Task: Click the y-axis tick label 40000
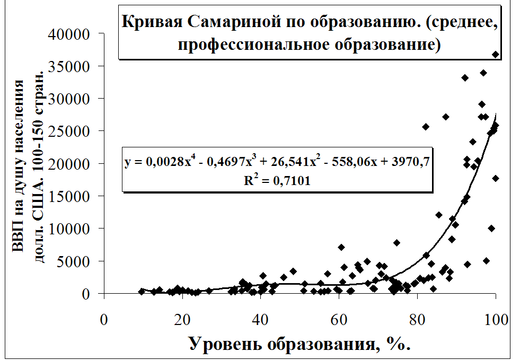point(70,34)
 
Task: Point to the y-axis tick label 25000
point(70,131)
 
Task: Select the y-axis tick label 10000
point(70,229)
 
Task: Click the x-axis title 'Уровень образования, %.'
point(299,345)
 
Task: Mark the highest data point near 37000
point(496,55)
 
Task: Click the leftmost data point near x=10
point(142,292)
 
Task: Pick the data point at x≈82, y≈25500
point(426,127)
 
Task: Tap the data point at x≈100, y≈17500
point(496,178)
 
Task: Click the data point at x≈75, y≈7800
point(396,243)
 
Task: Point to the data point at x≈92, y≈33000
point(465,78)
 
